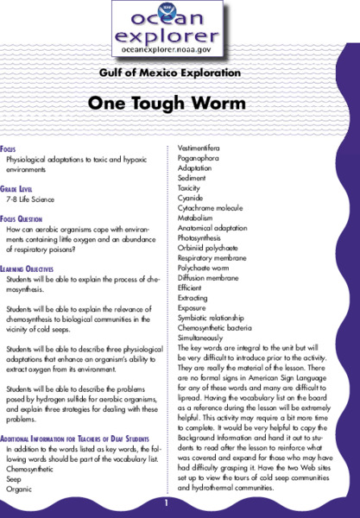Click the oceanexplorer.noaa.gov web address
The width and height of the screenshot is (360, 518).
pyautogui.click(x=179, y=51)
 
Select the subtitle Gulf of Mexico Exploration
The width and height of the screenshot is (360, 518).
pyautogui.click(x=179, y=75)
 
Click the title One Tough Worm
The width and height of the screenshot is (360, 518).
pyautogui.click(x=179, y=102)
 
